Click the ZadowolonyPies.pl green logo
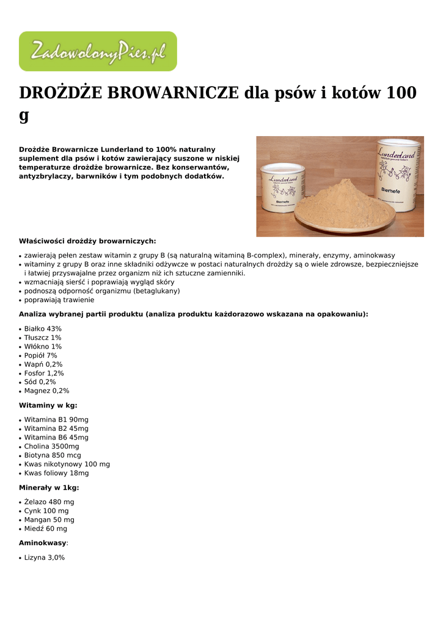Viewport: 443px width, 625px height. pos(98,52)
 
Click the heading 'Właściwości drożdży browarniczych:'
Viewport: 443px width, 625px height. pos(87,241)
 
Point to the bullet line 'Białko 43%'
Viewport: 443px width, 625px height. pos(43,328)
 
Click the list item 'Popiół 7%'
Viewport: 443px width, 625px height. pos(40,355)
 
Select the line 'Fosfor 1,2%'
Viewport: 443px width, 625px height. pos(44,373)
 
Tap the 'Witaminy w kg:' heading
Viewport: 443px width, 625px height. pos(48,405)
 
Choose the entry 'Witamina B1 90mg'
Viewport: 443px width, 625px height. pos(56,419)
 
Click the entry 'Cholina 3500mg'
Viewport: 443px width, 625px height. pos(52,446)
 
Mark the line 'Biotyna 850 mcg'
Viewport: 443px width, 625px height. pos(53,455)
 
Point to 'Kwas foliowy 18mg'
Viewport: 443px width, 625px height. pos(56,473)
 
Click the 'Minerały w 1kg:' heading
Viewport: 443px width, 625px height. pos(49,488)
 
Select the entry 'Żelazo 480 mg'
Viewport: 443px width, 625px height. pos(49,502)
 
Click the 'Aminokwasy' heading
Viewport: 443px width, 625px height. pos(43,543)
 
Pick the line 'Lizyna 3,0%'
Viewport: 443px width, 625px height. pos(45,557)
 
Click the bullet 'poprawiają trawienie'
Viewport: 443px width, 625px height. pos(59,300)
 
